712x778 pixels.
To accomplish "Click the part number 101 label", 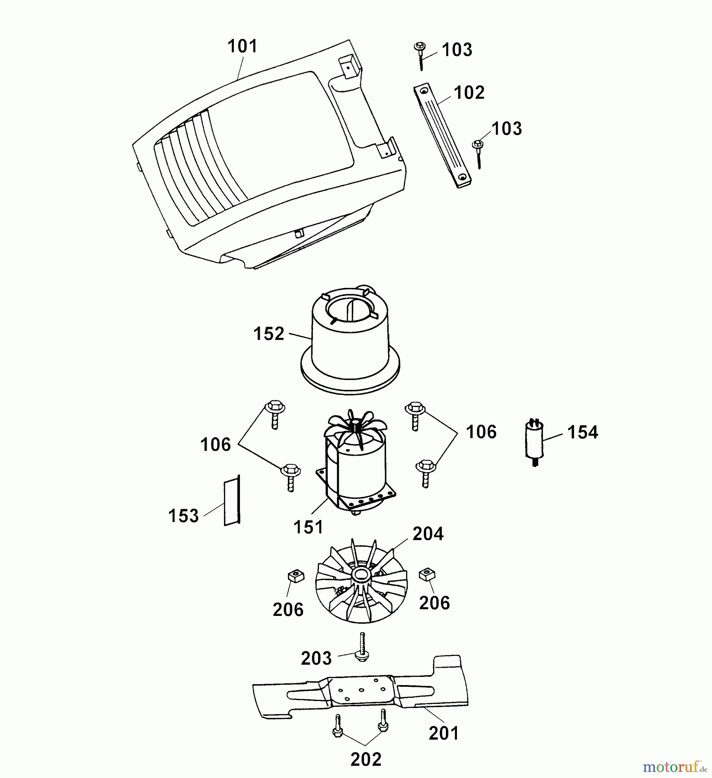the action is pyautogui.click(x=243, y=46).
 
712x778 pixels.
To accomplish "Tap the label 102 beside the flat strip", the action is pyautogui.click(x=469, y=92).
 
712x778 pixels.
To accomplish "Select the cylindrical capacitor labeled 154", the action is pyautogui.click(x=535, y=443).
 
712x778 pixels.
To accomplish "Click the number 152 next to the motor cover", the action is pyautogui.click(x=269, y=334).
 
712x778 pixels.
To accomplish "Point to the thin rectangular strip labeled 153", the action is pyautogui.click(x=232, y=501).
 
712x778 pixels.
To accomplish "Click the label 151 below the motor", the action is pyautogui.click(x=308, y=527).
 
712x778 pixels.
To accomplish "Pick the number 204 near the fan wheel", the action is pyautogui.click(x=428, y=534).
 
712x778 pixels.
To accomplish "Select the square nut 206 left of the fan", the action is pyautogui.click(x=296, y=576).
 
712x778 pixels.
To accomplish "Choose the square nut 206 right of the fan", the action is pyautogui.click(x=427, y=574).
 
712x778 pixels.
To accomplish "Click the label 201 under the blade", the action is pyautogui.click(x=444, y=733).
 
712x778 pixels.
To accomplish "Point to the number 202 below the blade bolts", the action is pyautogui.click(x=366, y=759).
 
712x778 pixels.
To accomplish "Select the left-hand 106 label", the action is pyautogui.click(x=215, y=444).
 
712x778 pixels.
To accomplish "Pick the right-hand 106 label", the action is pyautogui.click(x=481, y=432).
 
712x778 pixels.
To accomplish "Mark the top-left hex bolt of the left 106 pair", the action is pyautogui.click(x=273, y=415).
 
